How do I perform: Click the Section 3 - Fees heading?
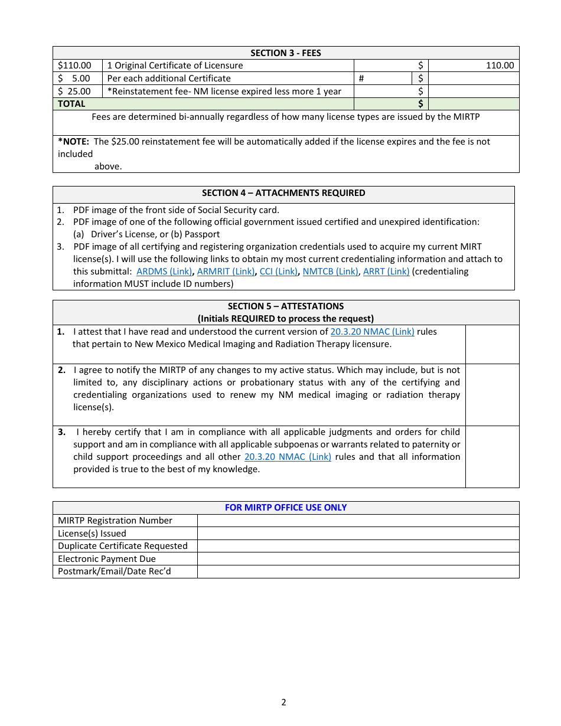point(286,53)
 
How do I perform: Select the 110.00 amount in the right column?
point(500,66)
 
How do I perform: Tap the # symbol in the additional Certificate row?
point(361,79)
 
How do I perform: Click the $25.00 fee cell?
point(75,91)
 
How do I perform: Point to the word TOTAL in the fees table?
point(71,104)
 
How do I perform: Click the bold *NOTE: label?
point(74,142)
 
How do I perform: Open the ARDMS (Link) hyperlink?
point(164,272)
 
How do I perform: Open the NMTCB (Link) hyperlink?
point(330,272)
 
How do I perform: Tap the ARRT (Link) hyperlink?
point(386,272)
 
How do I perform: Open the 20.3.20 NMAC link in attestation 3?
point(288,457)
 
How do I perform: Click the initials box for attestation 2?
point(492,394)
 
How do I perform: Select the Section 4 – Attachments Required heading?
point(283,193)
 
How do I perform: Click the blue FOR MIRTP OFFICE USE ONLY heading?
point(286,508)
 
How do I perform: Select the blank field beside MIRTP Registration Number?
point(358,521)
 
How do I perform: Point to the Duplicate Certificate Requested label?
point(123,546)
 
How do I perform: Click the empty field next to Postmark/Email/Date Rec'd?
point(358,571)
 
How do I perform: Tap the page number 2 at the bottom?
point(283,702)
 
